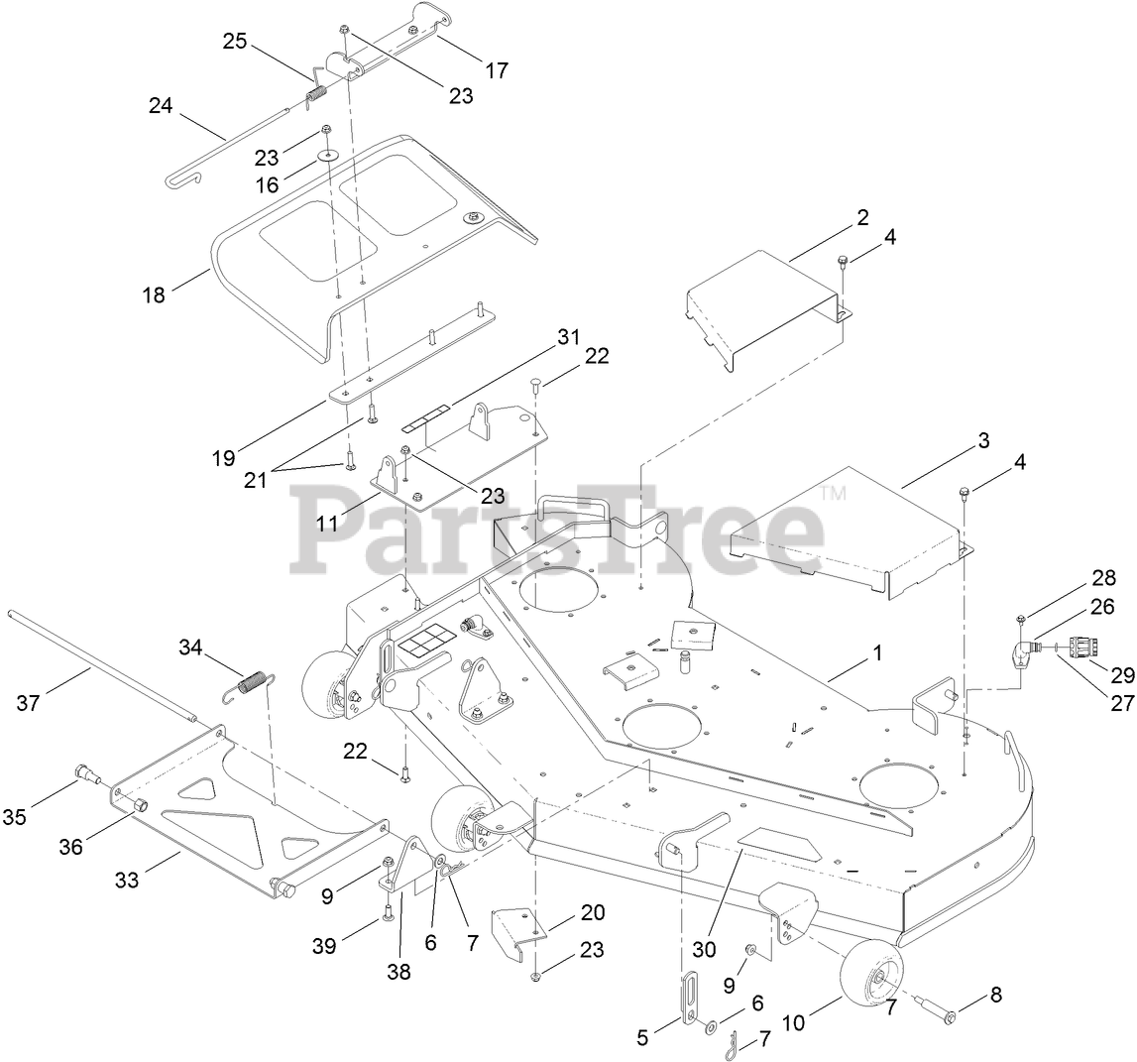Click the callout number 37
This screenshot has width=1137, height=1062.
point(29,703)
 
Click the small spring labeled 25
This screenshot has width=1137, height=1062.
point(315,95)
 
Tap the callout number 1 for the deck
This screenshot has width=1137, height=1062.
point(875,653)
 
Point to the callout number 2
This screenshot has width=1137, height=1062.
point(862,217)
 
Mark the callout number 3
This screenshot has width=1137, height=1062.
point(982,441)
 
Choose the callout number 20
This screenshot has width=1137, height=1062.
point(592,911)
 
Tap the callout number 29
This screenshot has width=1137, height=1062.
point(1121,675)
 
